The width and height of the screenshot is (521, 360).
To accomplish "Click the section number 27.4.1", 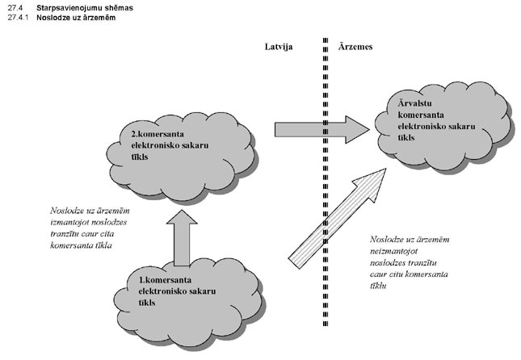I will point(15,17).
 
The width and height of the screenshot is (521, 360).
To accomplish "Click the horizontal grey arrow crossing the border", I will point(320,128).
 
